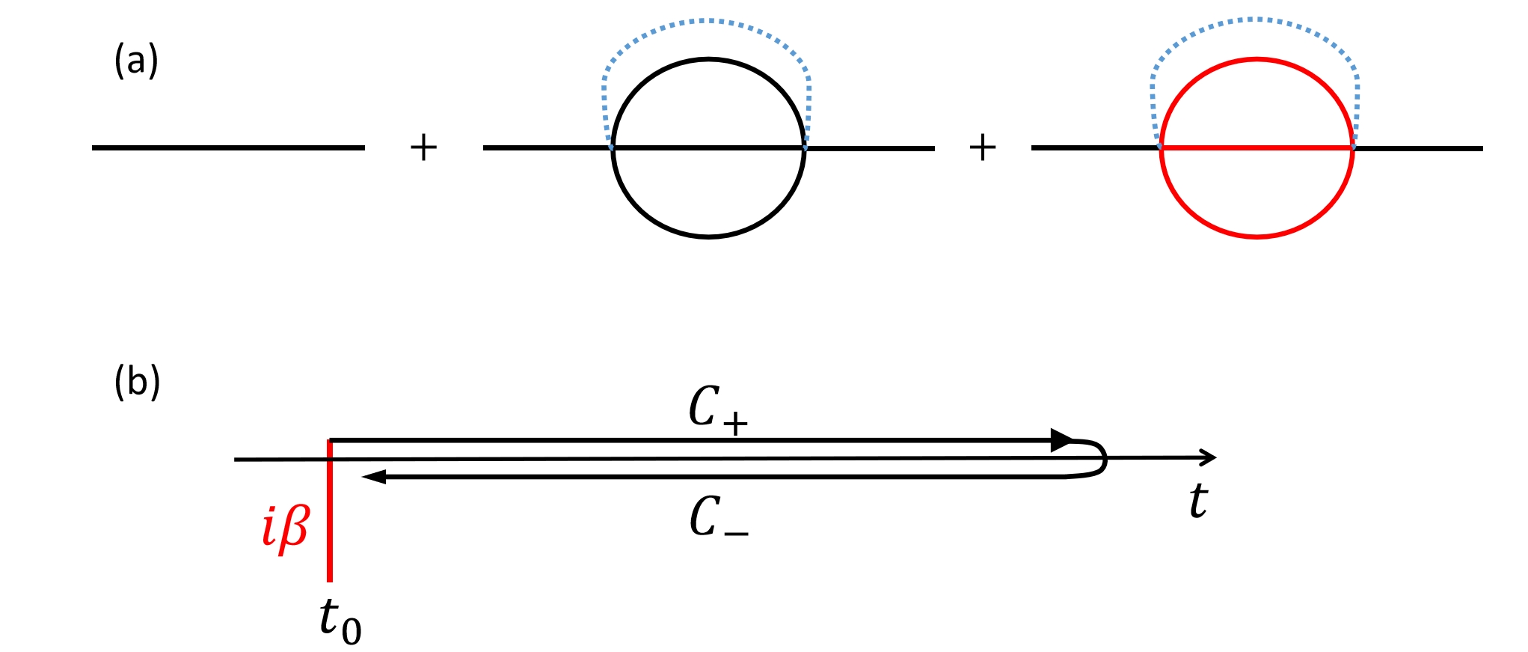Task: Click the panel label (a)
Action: (136, 60)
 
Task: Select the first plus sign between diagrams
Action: (423, 147)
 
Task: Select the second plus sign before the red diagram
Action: (982, 147)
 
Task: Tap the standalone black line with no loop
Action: (228, 147)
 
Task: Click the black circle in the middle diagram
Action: (708, 237)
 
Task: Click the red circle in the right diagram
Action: (1257, 237)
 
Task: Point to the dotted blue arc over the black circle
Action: (707, 21)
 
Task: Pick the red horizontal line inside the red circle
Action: (1257, 148)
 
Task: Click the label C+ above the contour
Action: (717, 409)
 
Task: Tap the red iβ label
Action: (285, 528)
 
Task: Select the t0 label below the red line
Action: (340, 621)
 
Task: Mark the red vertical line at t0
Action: (330, 524)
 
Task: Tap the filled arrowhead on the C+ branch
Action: (1061, 440)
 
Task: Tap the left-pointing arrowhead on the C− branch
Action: (373, 477)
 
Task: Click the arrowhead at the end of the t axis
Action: (1208, 457)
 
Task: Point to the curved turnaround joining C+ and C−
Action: (1102, 458)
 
